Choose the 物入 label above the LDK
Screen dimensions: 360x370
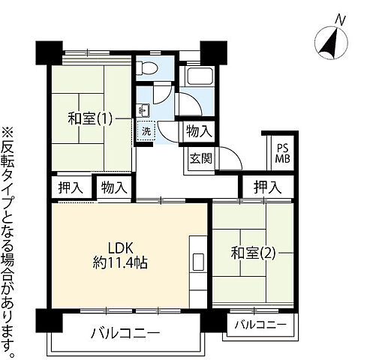[x=114, y=187]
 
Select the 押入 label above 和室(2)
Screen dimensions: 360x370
[x=266, y=187]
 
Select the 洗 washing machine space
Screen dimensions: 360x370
[x=146, y=130]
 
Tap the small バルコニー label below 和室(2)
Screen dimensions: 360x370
[x=260, y=325]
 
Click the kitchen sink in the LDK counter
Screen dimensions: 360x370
[x=199, y=262]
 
